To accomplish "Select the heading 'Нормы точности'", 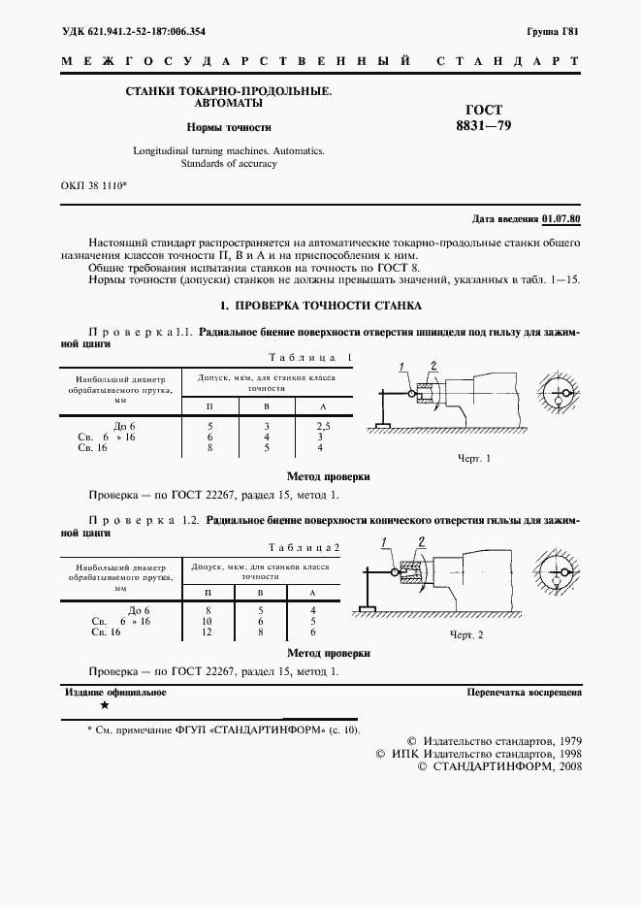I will coord(229,127).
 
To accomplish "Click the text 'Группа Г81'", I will coord(554,32).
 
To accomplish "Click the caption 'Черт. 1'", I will coord(473,457).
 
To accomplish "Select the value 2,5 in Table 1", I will coord(324,426).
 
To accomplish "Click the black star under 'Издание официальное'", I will coord(105,706).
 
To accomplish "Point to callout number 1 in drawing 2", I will coord(384,540).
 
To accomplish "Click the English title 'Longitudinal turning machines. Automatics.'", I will coord(228,151).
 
